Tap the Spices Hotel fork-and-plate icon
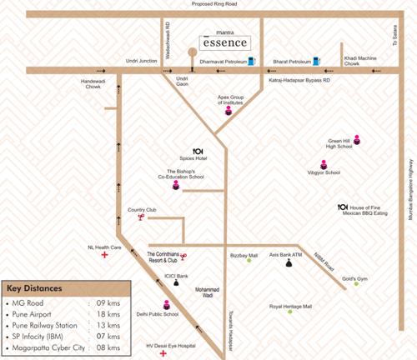(x=198, y=150)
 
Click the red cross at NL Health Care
(x=104, y=256)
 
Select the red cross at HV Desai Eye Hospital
(x=163, y=352)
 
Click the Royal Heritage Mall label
(x=290, y=307)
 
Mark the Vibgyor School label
(x=325, y=172)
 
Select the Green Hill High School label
(x=339, y=143)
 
